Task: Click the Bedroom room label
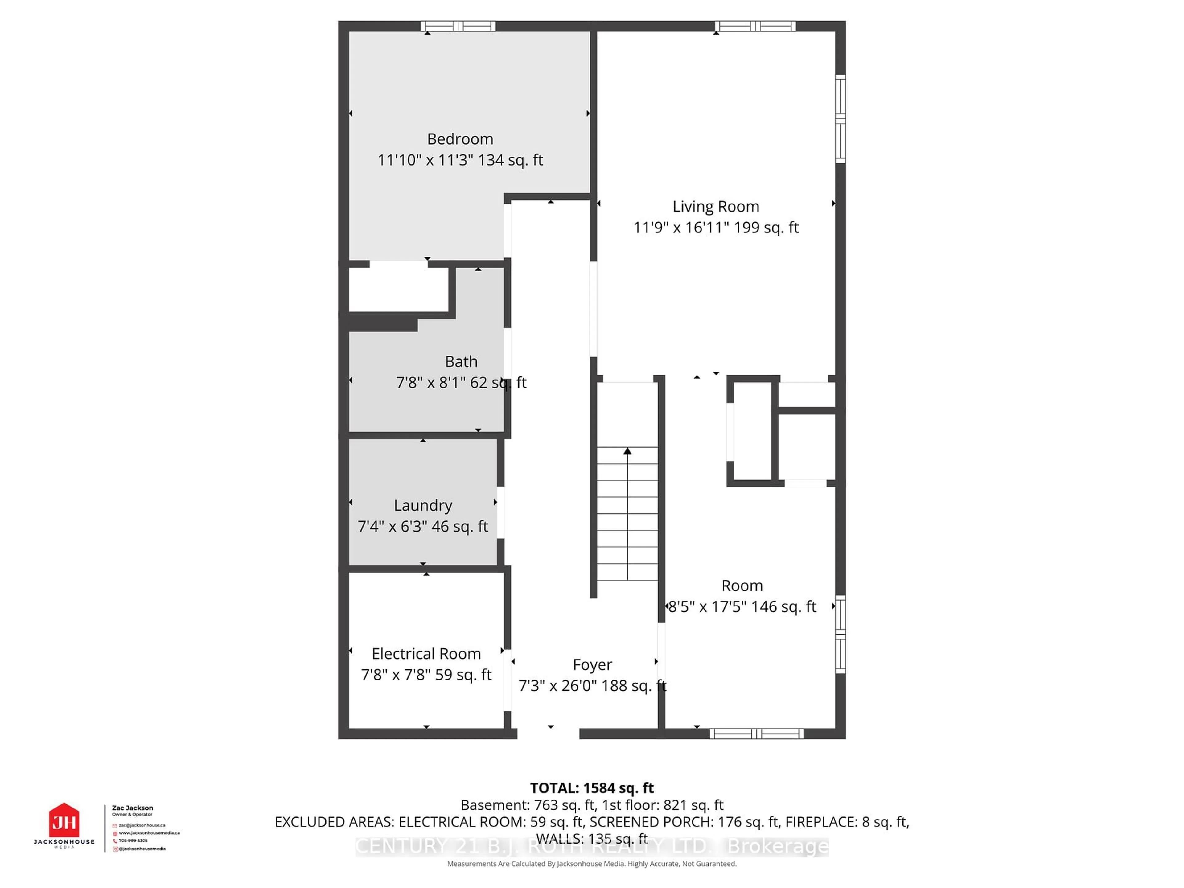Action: tap(460, 139)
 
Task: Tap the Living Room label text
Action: tap(716, 207)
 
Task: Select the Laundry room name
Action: tap(423, 505)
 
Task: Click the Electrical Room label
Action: tap(426, 654)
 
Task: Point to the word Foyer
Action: tap(592, 665)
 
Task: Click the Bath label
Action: tap(461, 362)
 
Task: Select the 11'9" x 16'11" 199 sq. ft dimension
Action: tap(716, 228)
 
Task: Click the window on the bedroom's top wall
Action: tap(458, 26)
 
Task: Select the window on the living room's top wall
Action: tap(755, 26)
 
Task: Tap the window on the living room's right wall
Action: tap(840, 118)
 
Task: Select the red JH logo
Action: tap(64, 820)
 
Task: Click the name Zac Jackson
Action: tap(132, 808)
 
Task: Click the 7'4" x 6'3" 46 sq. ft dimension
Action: tap(422, 527)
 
